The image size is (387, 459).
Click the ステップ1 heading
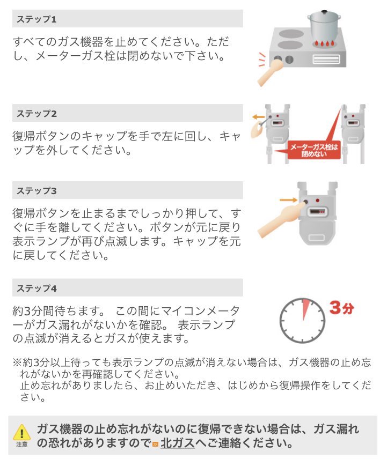click(36, 19)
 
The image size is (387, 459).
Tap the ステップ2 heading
click(36, 113)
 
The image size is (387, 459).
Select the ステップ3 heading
click(36, 190)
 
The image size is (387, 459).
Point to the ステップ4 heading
click(36, 288)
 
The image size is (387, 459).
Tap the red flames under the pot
click(324, 44)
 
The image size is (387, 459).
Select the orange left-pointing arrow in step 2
click(258, 117)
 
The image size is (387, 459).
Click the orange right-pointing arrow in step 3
click(289, 200)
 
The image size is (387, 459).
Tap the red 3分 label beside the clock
click(341, 308)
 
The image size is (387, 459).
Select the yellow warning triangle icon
click(21, 432)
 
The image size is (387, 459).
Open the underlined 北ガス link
click(178, 443)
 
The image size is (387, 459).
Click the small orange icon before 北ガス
click(155, 444)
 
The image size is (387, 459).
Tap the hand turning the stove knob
click(269, 72)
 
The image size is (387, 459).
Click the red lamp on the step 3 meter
click(318, 201)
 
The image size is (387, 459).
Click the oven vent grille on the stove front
click(326, 59)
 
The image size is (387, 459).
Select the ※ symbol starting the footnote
click(17, 362)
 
